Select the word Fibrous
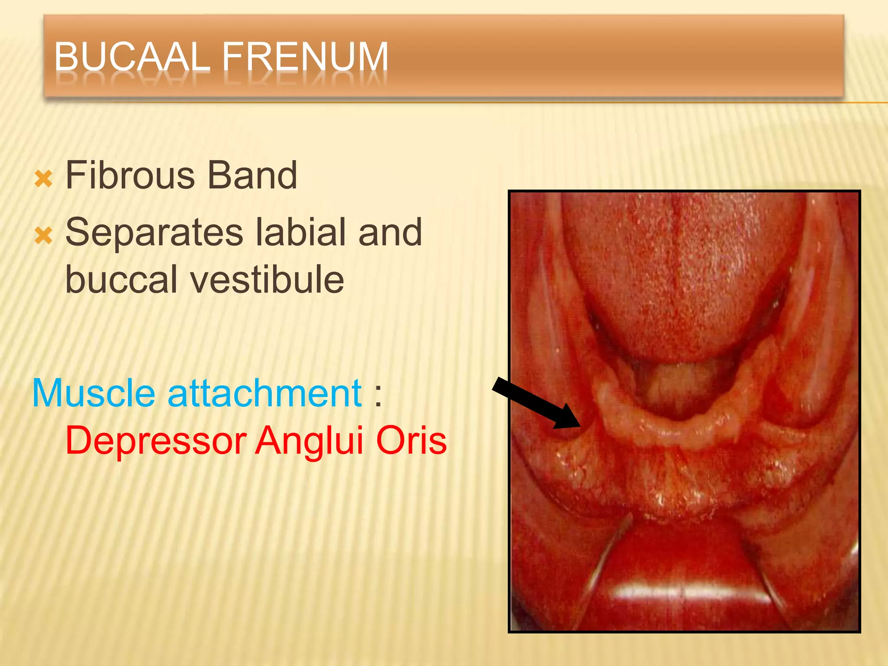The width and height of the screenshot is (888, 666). pyautogui.click(x=130, y=175)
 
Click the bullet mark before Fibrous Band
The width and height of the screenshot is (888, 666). pyautogui.click(x=43, y=179)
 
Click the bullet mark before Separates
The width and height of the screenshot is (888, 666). pyautogui.click(x=43, y=236)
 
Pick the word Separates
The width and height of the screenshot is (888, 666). pyautogui.click(x=154, y=233)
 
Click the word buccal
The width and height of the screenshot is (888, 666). pyautogui.click(x=121, y=280)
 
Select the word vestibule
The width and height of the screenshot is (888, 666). pyautogui.click(x=267, y=280)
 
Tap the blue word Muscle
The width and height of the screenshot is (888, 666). pyautogui.click(x=94, y=393)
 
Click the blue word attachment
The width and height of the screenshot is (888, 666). pyautogui.click(x=264, y=393)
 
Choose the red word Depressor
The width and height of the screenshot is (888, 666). pyautogui.click(x=156, y=441)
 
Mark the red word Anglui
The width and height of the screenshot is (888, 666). pyautogui.click(x=308, y=441)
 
